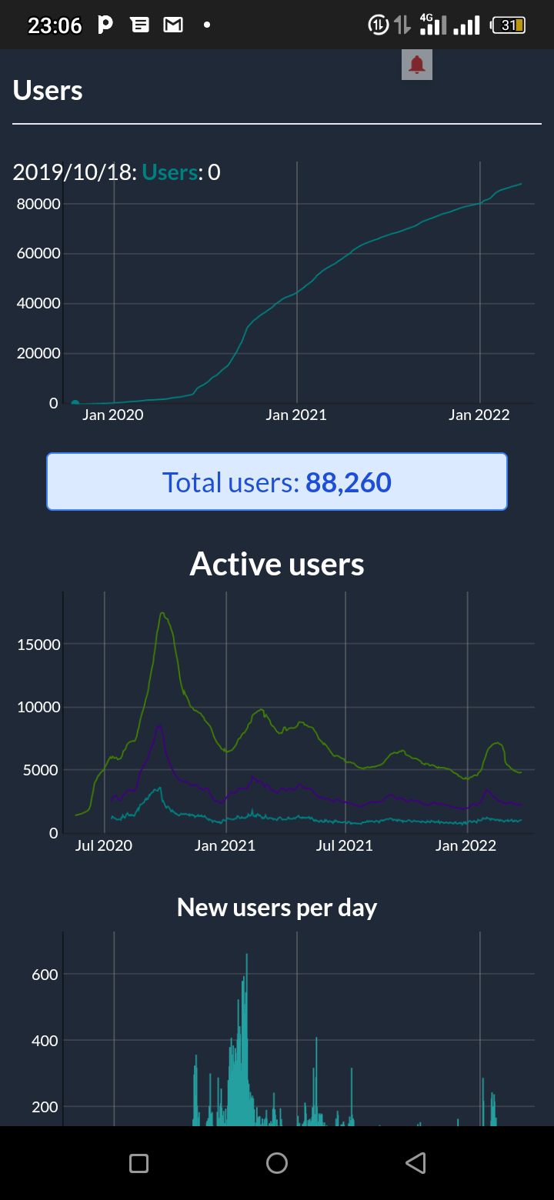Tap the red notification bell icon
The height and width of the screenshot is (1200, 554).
click(417, 65)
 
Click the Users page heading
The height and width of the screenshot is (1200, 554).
click(48, 90)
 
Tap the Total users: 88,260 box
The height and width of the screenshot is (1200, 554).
click(277, 482)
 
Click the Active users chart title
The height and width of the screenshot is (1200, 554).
click(277, 564)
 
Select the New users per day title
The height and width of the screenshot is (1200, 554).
click(277, 908)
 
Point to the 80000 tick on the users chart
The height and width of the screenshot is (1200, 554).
click(38, 204)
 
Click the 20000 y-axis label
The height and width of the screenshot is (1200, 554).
click(38, 353)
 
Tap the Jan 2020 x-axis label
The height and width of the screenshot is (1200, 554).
click(113, 415)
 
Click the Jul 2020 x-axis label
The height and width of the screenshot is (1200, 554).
click(103, 845)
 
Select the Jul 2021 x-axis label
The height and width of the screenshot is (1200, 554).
click(345, 845)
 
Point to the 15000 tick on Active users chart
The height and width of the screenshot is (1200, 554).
click(38, 645)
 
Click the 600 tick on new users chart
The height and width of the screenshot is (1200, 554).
click(45, 975)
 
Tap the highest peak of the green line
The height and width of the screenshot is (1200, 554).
click(162, 613)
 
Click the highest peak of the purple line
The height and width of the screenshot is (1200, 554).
click(159, 726)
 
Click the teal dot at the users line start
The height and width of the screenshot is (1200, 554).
click(75, 403)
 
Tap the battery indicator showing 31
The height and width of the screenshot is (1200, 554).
click(508, 25)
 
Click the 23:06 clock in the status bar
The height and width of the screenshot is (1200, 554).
click(55, 25)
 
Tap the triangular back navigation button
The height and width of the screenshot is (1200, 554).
click(415, 1163)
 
